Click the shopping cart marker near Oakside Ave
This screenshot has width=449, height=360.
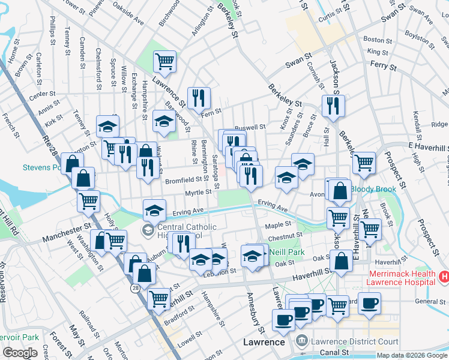click(164, 61)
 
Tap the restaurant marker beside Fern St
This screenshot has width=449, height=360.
click(198, 98)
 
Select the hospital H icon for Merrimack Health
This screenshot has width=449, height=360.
click(444, 277)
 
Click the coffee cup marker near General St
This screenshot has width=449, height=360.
click(370, 302)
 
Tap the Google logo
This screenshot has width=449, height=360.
click(20, 353)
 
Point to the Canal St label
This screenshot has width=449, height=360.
click(336, 352)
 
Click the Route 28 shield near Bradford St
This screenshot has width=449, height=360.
click(136, 288)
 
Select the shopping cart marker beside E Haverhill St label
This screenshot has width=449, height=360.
click(364, 162)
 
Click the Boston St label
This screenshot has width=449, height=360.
click(373, 40)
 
